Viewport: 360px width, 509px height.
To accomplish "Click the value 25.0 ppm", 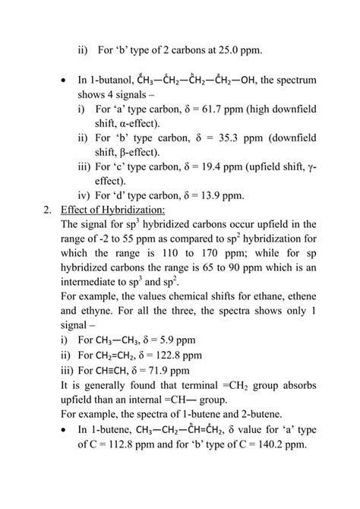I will tap(236, 50).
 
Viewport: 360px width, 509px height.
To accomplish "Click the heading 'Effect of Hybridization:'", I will tap(115, 210).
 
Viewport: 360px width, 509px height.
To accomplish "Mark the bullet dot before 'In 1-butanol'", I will tap(62, 80).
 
